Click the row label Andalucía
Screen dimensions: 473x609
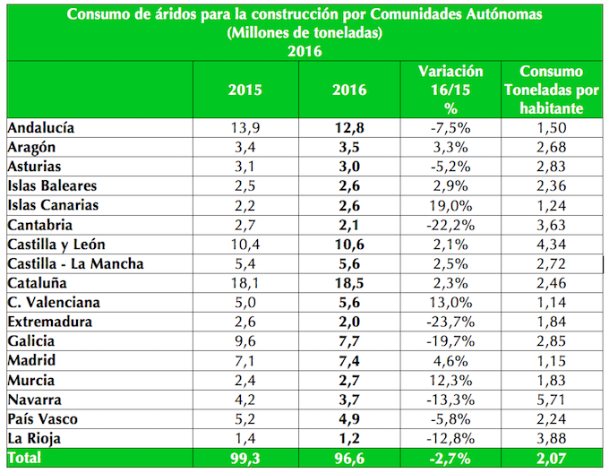coord(41,127)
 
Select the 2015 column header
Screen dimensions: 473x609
coord(245,90)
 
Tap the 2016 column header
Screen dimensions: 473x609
coord(348,90)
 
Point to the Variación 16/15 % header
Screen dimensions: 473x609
coord(450,89)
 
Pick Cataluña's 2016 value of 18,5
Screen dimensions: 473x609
coord(348,283)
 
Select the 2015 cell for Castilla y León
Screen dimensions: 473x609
coord(245,245)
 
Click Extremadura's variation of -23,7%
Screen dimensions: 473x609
coord(450,322)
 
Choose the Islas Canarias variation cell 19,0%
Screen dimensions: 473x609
coord(450,205)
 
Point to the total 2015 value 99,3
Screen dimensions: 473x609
coord(245,459)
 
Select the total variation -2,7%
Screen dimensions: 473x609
coord(450,459)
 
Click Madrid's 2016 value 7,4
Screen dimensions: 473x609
coord(348,361)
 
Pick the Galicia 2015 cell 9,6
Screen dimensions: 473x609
coord(245,341)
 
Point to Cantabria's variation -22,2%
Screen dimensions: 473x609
coord(450,225)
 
